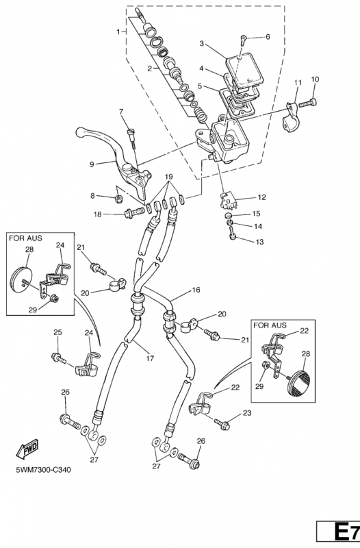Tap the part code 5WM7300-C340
coord(43,469)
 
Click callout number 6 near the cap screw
coord(268,36)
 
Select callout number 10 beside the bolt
coord(315,79)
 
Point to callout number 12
coord(261,197)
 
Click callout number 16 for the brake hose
coord(196,290)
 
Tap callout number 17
coord(150,358)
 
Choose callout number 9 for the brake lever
coord(92,164)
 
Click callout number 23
coord(247,413)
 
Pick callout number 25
coord(58,332)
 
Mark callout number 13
coord(260,242)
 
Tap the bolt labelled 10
coord(308,103)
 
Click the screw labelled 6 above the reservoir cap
coord(244,40)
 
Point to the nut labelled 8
coord(118,199)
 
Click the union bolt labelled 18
coord(134,212)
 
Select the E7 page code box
coord(338,533)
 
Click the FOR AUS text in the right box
coord(270,325)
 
